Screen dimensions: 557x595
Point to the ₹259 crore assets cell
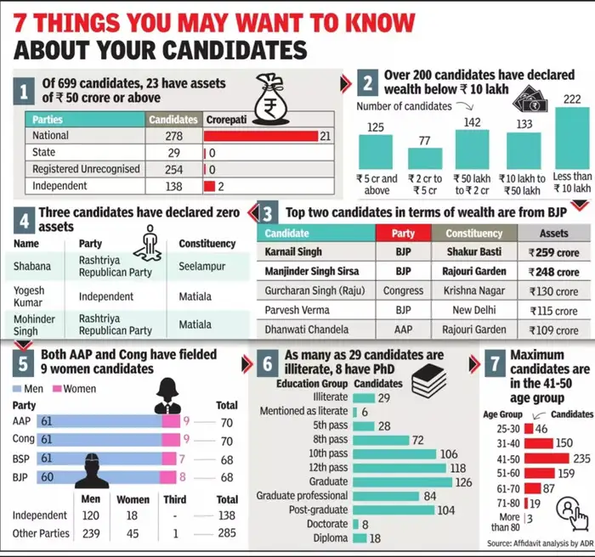tap(552, 252)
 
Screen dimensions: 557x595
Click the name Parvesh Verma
tap(300, 311)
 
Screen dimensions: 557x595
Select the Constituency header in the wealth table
tap(474, 233)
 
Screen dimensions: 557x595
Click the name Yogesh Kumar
tap(30, 296)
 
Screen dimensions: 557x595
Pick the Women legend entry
tap(74, 388)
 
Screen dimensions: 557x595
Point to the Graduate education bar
tap(403, 482)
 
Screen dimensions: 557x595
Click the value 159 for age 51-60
tap(564, 473)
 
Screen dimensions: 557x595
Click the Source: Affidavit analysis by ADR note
tap(539, 543)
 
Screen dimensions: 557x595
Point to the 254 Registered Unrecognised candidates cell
tap(173, 169)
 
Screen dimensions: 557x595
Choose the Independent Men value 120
tap(89, 515)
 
